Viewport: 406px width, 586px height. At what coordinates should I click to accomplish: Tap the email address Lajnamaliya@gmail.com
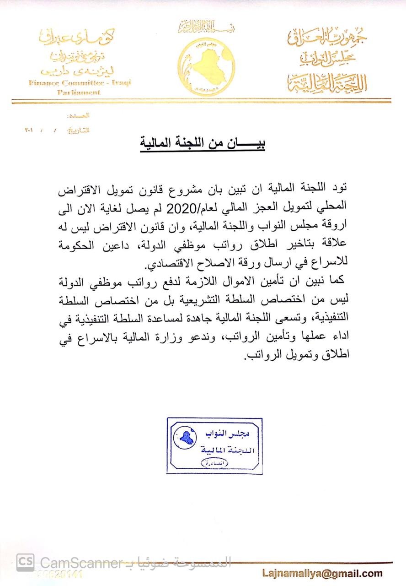point(322,573)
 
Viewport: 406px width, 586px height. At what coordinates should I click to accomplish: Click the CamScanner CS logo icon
point(25,563)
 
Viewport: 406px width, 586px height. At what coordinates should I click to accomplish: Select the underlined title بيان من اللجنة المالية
point(203,144)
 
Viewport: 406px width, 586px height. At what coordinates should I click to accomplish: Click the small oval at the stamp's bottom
point(215,463)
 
